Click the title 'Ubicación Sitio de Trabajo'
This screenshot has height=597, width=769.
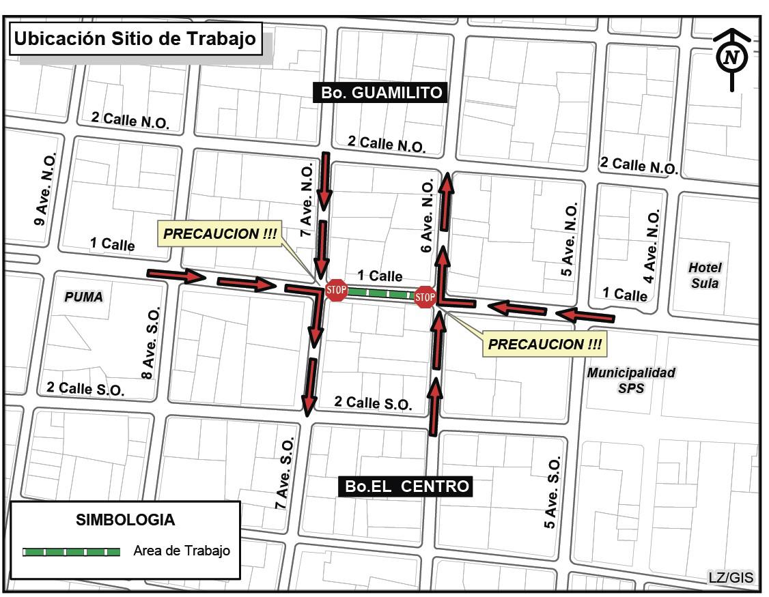tap(135, 38)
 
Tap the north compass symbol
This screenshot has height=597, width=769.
tap(731, 57)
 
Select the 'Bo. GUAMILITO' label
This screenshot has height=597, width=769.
tap(380, 92)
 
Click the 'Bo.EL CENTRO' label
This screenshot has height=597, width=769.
tap(407, 486)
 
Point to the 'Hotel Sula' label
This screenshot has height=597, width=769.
tap(705, 275)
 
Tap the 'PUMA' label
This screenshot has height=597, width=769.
tap(83, 297)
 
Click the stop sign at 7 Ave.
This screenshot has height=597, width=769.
tap(337, 290)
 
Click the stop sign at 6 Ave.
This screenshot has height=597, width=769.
tap(425, 297)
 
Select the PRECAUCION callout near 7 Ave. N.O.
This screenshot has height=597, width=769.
tap(221, 234)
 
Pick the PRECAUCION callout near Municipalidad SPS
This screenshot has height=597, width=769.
tap(545, 345)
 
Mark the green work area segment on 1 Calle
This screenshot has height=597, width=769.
tap(380, 294)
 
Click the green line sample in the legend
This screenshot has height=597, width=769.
tap(72, 551)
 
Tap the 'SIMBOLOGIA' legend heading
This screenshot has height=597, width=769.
tap(125, 520)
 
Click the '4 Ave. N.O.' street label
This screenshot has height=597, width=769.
tap(652, 246)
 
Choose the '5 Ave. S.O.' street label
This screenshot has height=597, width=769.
tap(553, 493)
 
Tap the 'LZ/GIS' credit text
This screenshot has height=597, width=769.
tap(731, 577)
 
